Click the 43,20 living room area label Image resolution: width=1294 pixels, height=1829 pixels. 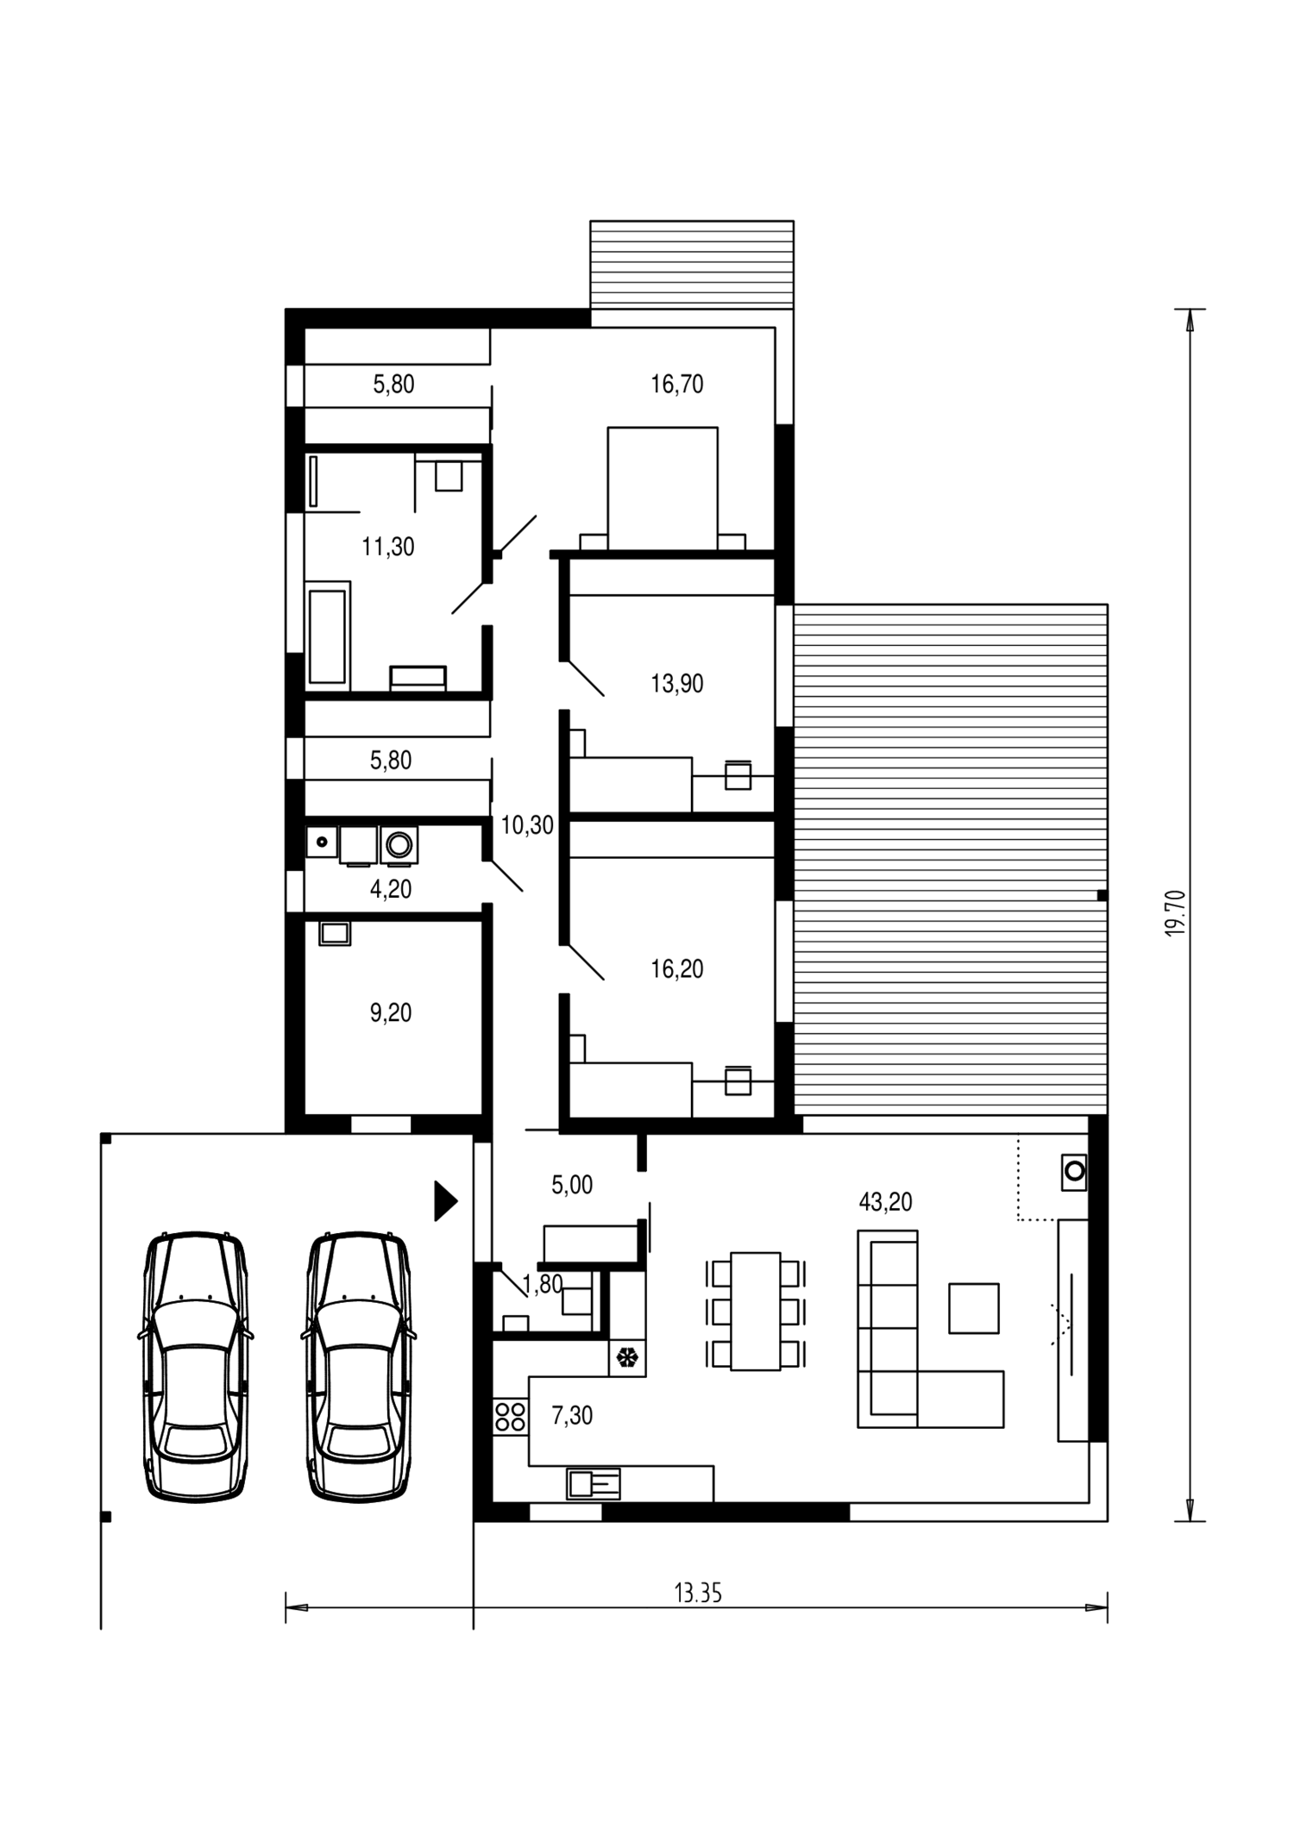(885, 1202)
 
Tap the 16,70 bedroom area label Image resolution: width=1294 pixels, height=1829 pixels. (677, 385)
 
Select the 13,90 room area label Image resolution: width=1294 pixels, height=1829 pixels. (677, 684)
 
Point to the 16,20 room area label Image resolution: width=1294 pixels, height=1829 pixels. (677, 969)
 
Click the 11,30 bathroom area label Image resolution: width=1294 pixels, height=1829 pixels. (388, 547)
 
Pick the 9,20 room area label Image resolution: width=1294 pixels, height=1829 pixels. (391, 1013)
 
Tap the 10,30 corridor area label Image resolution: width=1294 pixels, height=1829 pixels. (527, 826)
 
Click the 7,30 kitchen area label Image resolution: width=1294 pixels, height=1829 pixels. (572, 1416)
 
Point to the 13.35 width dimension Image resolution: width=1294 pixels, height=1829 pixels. (698, 1594)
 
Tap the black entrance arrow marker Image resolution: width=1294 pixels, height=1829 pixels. (444, 1201)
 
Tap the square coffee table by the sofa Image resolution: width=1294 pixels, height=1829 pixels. (974, 1308)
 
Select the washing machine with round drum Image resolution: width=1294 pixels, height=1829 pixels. (399, 845)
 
